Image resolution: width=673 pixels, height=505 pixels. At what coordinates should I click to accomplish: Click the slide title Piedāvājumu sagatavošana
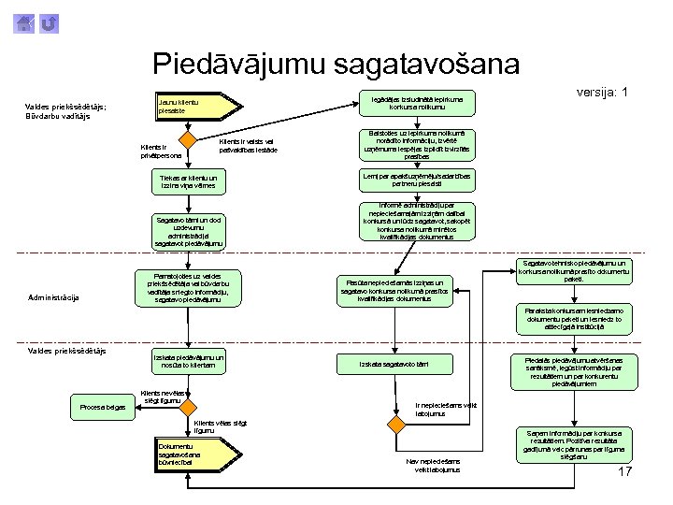pyautogui.click(x=336, y=64)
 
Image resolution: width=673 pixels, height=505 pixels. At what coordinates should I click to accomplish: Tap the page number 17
pyautogui.click(x=625, y=472)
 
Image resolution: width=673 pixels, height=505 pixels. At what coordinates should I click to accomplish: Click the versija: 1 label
pyautogui.click(x=601, y=93)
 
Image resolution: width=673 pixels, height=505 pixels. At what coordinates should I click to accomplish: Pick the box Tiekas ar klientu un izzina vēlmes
pyautogui.click(x=189, y=181)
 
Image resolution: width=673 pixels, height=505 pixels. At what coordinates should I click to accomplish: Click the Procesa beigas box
pyautogui.click(x=103, y=406)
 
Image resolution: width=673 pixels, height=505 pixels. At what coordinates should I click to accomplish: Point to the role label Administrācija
pyautogui.click(x=53, y=297)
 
